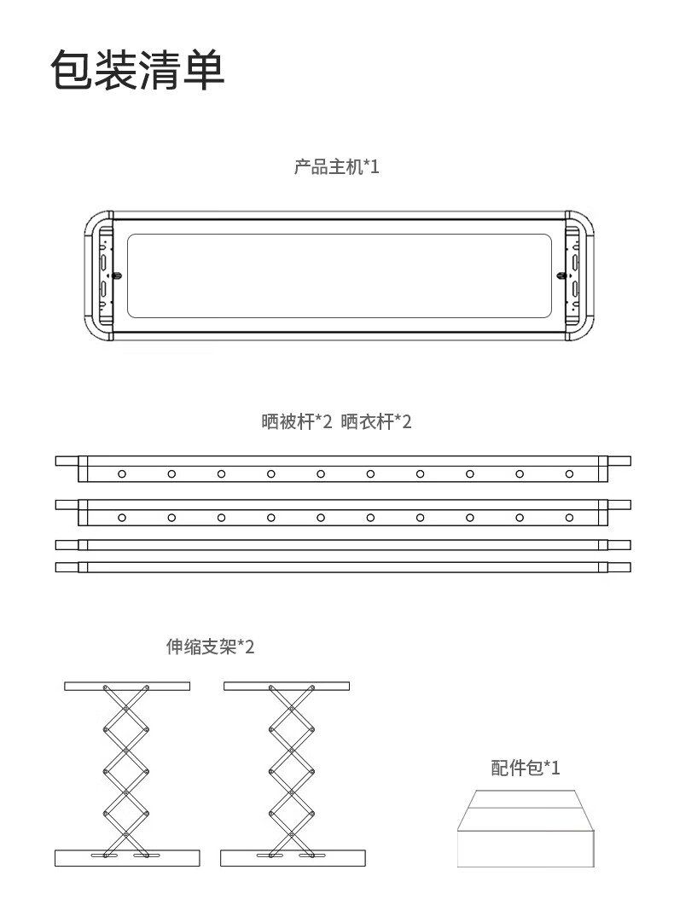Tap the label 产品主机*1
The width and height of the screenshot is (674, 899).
coord(336,166)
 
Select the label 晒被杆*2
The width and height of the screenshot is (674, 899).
coord(296,421)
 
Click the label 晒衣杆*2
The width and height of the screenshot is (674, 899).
coord(376,421)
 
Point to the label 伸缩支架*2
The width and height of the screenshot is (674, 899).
coord(210,647)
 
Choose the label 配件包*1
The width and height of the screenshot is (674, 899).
coord(526,768)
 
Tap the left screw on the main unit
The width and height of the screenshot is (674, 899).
coord(117,275)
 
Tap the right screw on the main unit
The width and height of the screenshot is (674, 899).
coord(561,275)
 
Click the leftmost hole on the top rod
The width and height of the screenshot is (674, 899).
coord(122,473)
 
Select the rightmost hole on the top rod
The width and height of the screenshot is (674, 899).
coord(569,473)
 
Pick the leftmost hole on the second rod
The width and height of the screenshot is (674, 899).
coord(122,517)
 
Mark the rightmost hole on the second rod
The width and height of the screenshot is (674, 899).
coord(569,517)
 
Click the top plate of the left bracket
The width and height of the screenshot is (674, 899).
coord(127,686)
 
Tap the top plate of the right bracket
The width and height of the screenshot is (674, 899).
coord(286,686)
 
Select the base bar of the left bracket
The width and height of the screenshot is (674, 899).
coord(127,858)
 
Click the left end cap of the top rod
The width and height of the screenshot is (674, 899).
coord(67,461)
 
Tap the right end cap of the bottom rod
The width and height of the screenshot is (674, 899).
coord(619,566)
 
